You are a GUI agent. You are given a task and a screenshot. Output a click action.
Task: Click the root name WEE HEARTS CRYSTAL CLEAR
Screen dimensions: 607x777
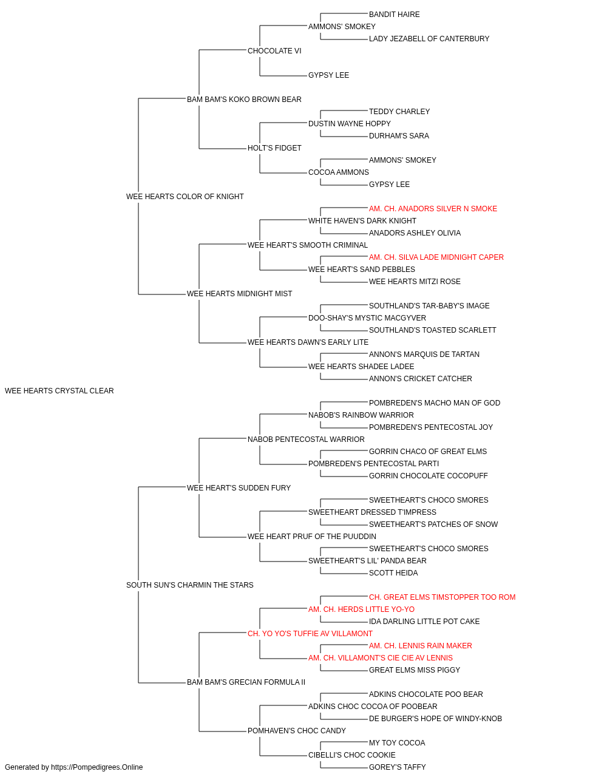coord(59,391)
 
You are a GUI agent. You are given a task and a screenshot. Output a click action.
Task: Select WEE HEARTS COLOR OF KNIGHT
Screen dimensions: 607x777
coord(185,197)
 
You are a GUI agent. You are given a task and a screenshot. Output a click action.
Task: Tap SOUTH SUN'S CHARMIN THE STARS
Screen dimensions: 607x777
coord(190,585)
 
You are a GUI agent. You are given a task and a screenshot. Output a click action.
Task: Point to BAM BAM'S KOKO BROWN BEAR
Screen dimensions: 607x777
coord(244,100)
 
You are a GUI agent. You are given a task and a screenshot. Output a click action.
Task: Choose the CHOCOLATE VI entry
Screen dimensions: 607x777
coord(274,51)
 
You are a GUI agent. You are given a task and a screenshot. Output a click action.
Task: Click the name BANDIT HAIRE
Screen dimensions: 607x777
coord(395,15)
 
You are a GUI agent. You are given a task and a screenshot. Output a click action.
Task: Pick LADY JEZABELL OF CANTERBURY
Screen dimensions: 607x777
coord(429,39)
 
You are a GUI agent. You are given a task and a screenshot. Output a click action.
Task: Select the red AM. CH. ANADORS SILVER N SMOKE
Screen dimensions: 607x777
coord(433,209)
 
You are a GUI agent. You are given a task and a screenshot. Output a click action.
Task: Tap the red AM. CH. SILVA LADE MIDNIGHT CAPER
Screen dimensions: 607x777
coord(436,257)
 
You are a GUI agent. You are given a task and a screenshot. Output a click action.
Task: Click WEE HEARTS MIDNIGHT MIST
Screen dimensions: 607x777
coord(240,294)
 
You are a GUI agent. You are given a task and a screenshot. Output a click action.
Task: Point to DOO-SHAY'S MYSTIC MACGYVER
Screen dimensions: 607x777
coord(367,318)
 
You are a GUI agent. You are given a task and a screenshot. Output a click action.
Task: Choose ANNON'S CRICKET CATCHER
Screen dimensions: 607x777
coord(421,379)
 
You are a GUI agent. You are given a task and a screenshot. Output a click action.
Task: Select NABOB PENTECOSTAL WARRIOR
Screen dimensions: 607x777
coord(306,439)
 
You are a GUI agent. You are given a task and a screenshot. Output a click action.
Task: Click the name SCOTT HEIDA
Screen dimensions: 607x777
coord(393,573)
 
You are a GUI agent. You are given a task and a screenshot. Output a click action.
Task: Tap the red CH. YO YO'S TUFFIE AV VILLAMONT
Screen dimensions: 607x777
coord(310,634)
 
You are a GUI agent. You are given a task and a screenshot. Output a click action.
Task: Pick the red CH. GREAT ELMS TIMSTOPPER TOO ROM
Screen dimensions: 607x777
coord(443,597)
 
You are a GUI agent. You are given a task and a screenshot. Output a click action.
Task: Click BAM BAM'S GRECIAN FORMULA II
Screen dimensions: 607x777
coord(246,682)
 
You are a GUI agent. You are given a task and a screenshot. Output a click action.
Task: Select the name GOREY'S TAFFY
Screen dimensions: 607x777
coord(397,767)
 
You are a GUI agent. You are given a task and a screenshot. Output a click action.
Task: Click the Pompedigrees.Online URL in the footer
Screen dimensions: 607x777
coord(97,767)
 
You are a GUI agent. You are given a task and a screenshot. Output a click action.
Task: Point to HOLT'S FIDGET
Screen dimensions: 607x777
coord(274,148)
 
